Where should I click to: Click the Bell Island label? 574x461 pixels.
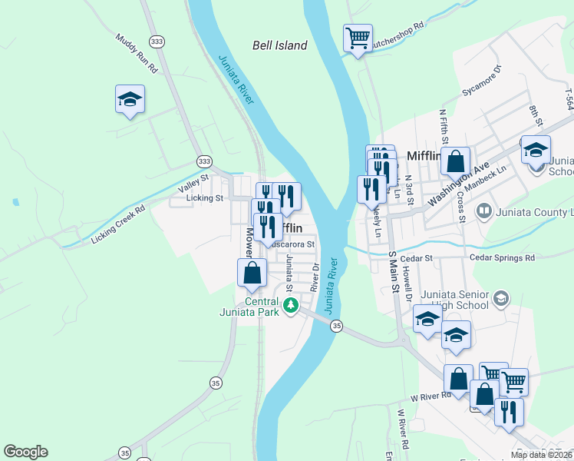coord(280,45)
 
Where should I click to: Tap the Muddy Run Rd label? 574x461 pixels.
coord(137,53)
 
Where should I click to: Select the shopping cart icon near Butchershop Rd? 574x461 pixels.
coord(358,37)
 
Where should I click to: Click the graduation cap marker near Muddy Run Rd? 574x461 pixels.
coord(130,98)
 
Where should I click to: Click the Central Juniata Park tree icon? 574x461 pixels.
coord(290,307)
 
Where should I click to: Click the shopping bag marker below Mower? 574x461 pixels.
coord(252,272)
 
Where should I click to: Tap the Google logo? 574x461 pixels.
coord(25,452)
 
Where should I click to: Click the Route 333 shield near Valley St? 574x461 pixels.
coord(203,161)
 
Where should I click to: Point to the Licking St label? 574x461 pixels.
coord(204,198)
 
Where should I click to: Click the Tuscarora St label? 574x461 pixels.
coord(293,244)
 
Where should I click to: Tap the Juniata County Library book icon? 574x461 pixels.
coord(484,210)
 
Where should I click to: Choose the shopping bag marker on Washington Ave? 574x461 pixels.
coord(455,162)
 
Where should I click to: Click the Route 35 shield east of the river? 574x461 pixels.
coord(336,327)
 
